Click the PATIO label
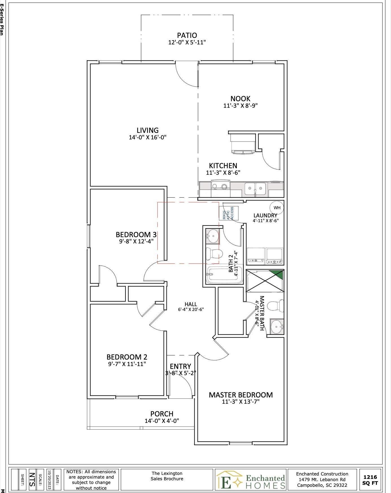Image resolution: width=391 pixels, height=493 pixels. (x=187, y=36)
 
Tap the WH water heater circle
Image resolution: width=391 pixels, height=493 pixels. (x=277, y=208)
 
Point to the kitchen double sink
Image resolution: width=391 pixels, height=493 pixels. (x=255, y=189)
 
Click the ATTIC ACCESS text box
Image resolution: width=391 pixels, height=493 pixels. (x=229, y=213)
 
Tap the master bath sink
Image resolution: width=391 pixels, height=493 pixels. (x=277, y=327)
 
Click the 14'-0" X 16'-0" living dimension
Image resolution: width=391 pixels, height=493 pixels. (x=147, y=138)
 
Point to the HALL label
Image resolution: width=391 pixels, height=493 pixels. (x=191, y=304)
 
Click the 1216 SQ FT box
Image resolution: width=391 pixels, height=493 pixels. (x=370, y=480)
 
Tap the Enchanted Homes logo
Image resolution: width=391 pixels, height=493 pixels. (x=251, y=480)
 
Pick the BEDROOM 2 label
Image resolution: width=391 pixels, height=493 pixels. (x=127, y=357)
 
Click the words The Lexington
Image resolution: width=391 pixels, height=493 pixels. (x=167, y=473)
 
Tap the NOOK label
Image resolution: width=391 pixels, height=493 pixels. (x=240, y=99)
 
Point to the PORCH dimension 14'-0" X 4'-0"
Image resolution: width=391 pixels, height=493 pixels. (x=162, y=421)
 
